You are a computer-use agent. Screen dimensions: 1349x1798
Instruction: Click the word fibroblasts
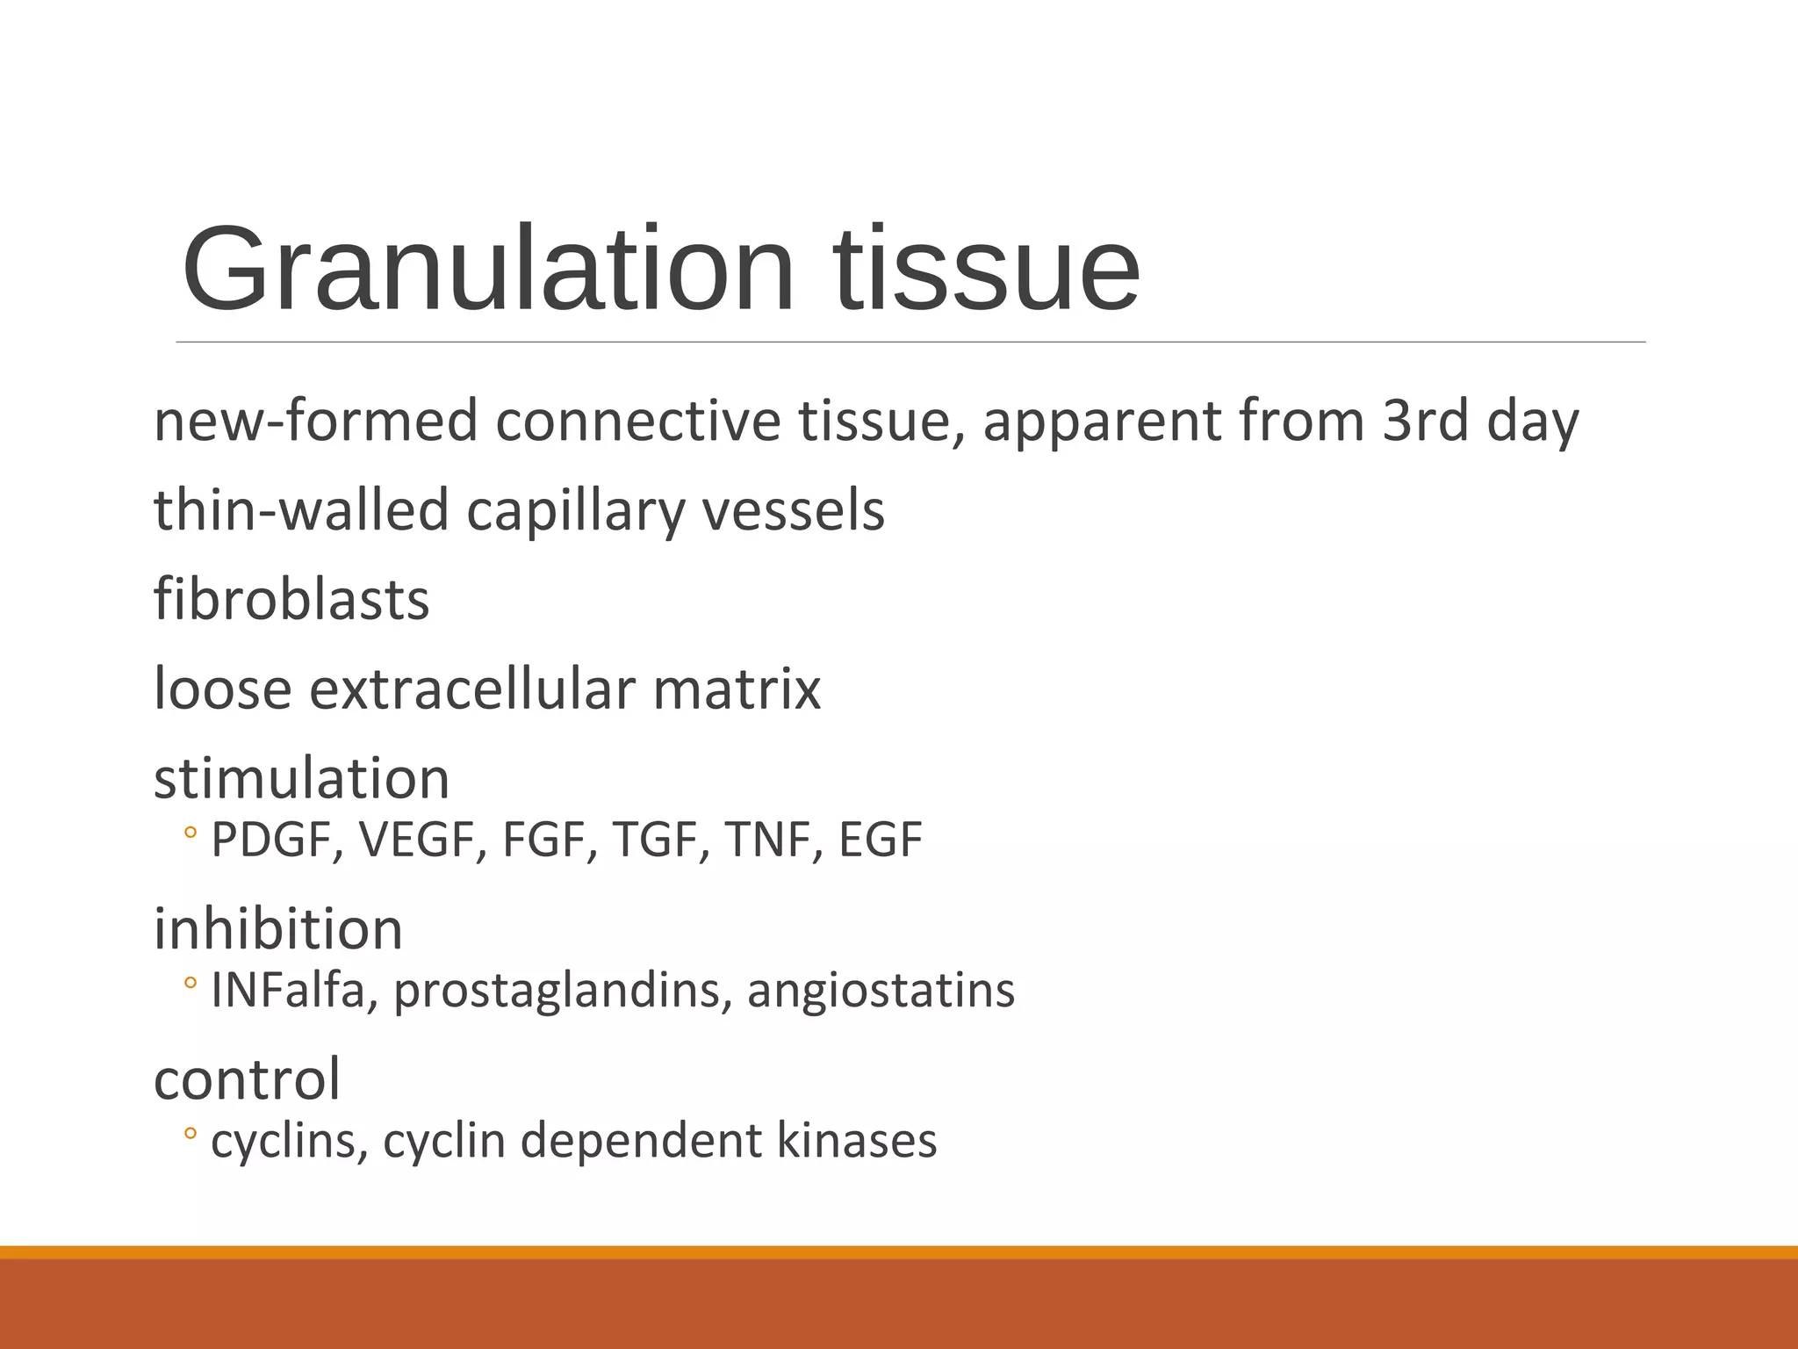click(x=291, y=600)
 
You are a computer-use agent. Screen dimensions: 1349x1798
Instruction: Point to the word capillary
click(x=574, y=510)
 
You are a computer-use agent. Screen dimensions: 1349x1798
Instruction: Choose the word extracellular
click(x=472, y=689)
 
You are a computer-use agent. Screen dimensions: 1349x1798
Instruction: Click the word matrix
click(x=737, y=689)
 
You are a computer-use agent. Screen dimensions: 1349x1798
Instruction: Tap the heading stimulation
click(x=301, y=778)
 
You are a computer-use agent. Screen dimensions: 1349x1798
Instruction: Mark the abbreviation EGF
click(x=880, y=840)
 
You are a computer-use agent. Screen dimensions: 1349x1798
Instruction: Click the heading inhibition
click(x=278, y=929)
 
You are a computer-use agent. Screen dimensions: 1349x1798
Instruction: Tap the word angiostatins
click(x=881, y=991)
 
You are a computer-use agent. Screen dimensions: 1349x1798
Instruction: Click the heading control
click(x=247, y=1079)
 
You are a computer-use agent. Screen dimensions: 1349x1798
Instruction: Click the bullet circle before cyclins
click(x=191, y=1134)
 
